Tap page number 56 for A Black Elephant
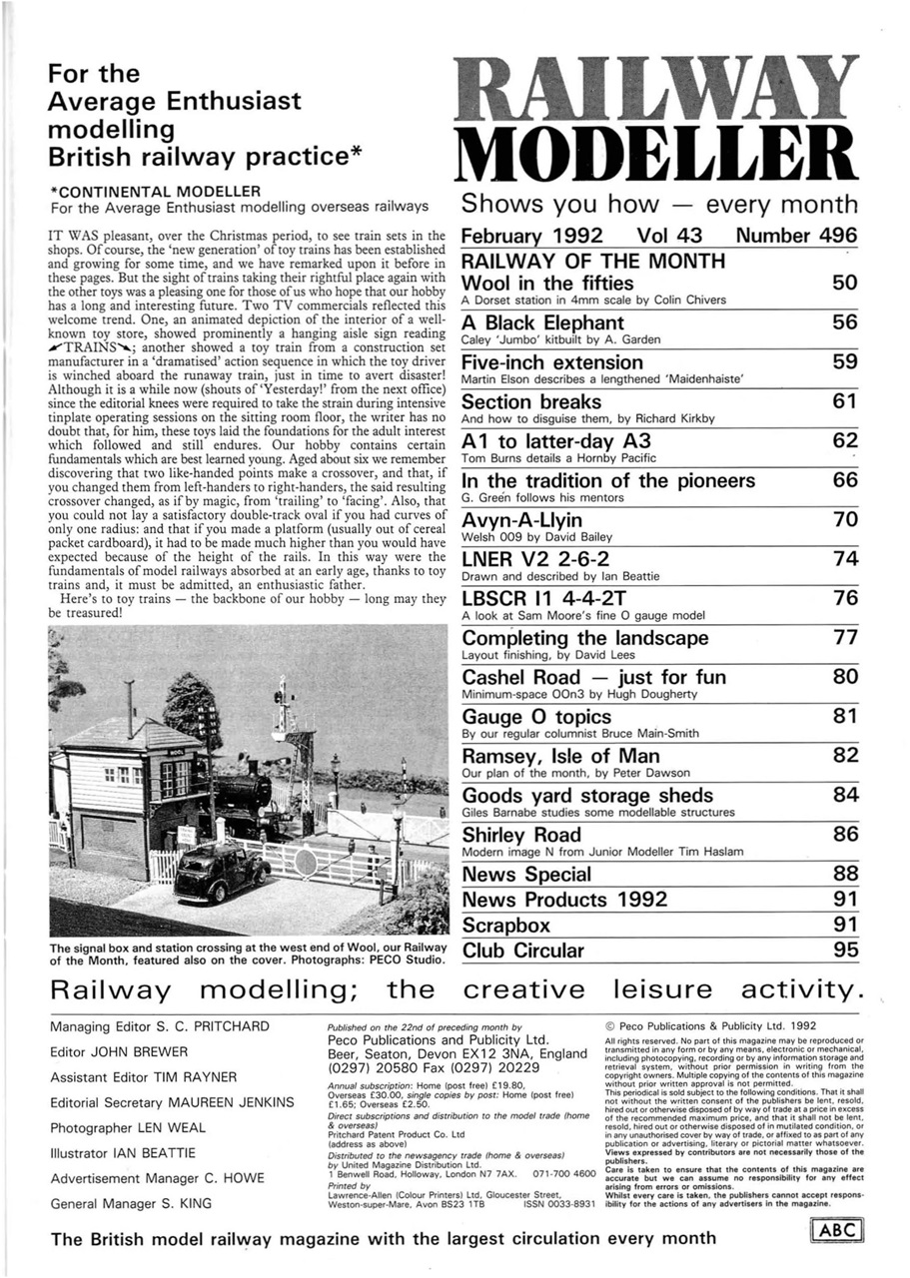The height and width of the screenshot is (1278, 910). coord(844,322)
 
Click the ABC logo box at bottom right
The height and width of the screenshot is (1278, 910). coord(836,1231)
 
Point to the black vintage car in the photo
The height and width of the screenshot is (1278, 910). coord(222,873)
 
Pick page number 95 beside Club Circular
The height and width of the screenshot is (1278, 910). coord(845,951)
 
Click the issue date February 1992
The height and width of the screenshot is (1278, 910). coord(531,237)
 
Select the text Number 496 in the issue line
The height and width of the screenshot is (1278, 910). coord(796,237)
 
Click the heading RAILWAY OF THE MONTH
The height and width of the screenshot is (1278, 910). coord(592,261)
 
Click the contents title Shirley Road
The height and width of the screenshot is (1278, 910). coord(520,834)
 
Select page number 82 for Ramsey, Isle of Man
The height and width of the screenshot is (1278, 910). coord(845,756)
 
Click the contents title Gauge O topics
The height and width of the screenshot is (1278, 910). coord(536,717)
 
